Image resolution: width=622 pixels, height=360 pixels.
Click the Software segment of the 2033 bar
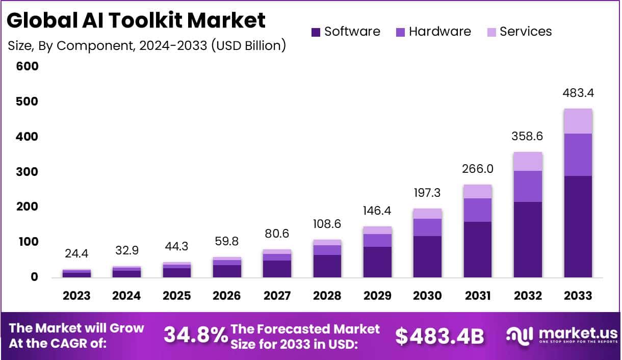point(578,226)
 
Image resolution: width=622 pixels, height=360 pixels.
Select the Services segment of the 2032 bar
point(528,161)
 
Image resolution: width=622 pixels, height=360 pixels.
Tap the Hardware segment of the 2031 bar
point(478,210)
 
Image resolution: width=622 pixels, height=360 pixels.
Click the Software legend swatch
point(316,32)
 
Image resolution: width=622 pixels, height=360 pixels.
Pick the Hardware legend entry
point(433,32)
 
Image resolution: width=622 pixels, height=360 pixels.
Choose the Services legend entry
point(519,32)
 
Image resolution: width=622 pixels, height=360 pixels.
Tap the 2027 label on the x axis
point(277,296)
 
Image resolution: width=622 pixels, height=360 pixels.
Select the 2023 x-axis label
point(76,296)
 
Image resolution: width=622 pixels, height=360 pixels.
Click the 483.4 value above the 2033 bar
point(578,93)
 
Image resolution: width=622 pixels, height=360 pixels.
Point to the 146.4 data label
point(377,210)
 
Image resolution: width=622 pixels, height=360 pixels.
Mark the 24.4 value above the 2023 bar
point(76,253)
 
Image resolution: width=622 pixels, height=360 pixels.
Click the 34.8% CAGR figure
point(195,335)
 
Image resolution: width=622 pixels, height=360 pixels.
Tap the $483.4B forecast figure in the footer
point(439,335)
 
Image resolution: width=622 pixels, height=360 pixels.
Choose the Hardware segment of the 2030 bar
point(427,227)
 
